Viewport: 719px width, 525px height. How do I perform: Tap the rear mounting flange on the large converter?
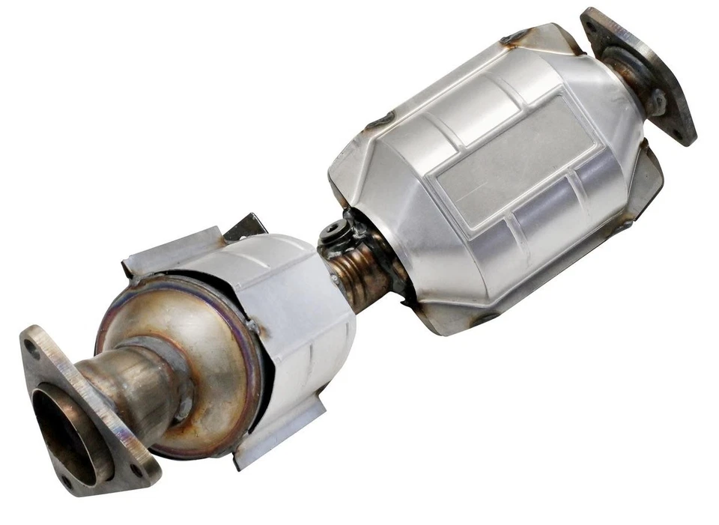(x=640, y=75)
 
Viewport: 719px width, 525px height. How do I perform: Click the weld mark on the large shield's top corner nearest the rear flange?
(x=517, y=36)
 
